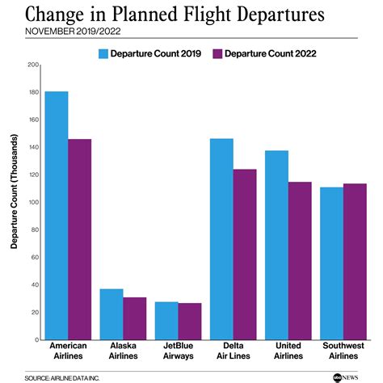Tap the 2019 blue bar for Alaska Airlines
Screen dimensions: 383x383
111,314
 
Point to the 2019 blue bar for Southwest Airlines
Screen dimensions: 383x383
331,263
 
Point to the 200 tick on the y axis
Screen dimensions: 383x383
33,65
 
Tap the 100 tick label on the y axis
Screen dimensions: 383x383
33,202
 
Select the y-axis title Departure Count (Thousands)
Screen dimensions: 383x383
14,202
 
